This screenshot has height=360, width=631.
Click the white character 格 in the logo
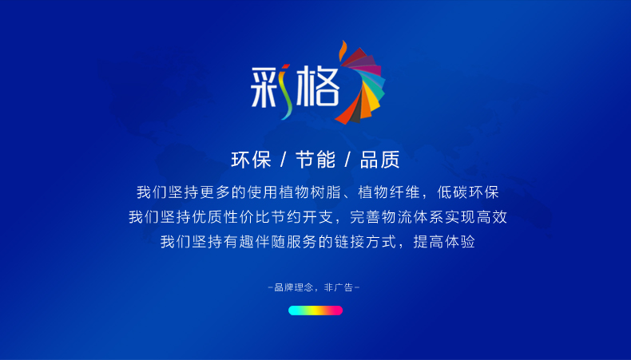pyautogui.click(x=318, y=85)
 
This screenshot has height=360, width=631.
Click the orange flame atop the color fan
pyautogui.click(x=343, y=50)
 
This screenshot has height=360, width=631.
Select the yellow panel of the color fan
pyautogui.click(x=373, y=102)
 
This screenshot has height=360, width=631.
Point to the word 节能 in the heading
pyautogui.click(x=315, y=160)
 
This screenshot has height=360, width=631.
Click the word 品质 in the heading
pyautogui.click(x=379, y=160)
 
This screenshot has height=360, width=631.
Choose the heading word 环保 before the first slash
pyautogui.click(x=251, y=160)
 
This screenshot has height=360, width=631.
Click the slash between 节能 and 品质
pyautogui.click(x=347, y=160)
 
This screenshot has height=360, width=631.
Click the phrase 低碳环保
pyautogui.click(x=468, y=192)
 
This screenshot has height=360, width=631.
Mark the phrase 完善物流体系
pyautogui.click(x=396, y=217)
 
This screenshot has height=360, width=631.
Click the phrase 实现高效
pyautogui.click(x=476, y=217)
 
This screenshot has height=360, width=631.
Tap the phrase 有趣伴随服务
pyautogui.click(x=271, y=242)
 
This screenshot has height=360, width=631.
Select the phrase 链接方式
pyautogui.click(x=365, y=242)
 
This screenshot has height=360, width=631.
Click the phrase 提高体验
pyautogui.click(x=444, y=242)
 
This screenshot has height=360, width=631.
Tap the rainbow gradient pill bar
pyautogui.click(x=315, y=311)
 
